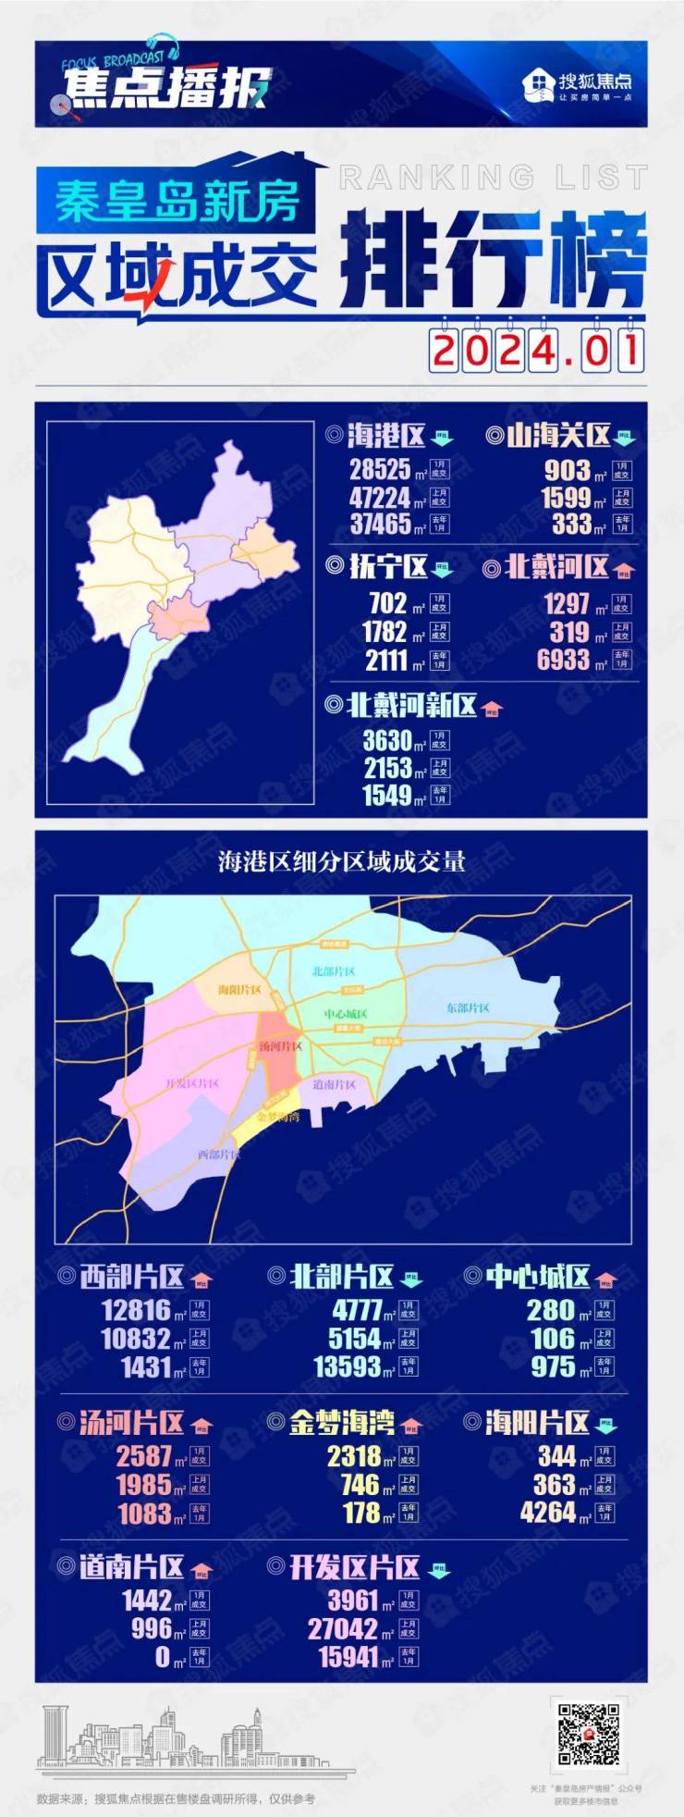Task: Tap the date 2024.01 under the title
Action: pyautogui.click(x=536, y=352)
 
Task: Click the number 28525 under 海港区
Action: pyautogui.click(x=379, y=469)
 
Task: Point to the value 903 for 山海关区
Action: pyautogui.click(x=566, y=470)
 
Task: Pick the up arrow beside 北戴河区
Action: pyautogui.click(x=624, y=569)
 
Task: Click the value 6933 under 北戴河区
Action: pyautogui.click(x=563, y=660)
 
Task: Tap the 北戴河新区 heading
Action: pyautogui.click(x=411, y=706)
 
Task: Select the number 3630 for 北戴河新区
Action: pyautogui.click(x=386, y=740)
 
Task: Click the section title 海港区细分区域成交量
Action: pyautogui.click(x=342, y=862)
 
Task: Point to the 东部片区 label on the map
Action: pyautogui.click(x=468, y=1007)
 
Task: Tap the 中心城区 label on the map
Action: pyautogui.click(x=346, y=1014)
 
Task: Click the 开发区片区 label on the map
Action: pyautogui.click(x=192, y=1083)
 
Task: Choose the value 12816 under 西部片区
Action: pyautogui.click(x=137, y=1310)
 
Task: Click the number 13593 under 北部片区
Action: pyautogui.click(x=348, y=1366)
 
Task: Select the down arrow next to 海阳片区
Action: pyautogui.click(x=606, y=1424)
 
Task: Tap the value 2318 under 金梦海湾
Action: pyautogui.click(x=354, y=1456)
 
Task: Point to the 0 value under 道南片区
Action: pyautogui.click(x=163, y=1657)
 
